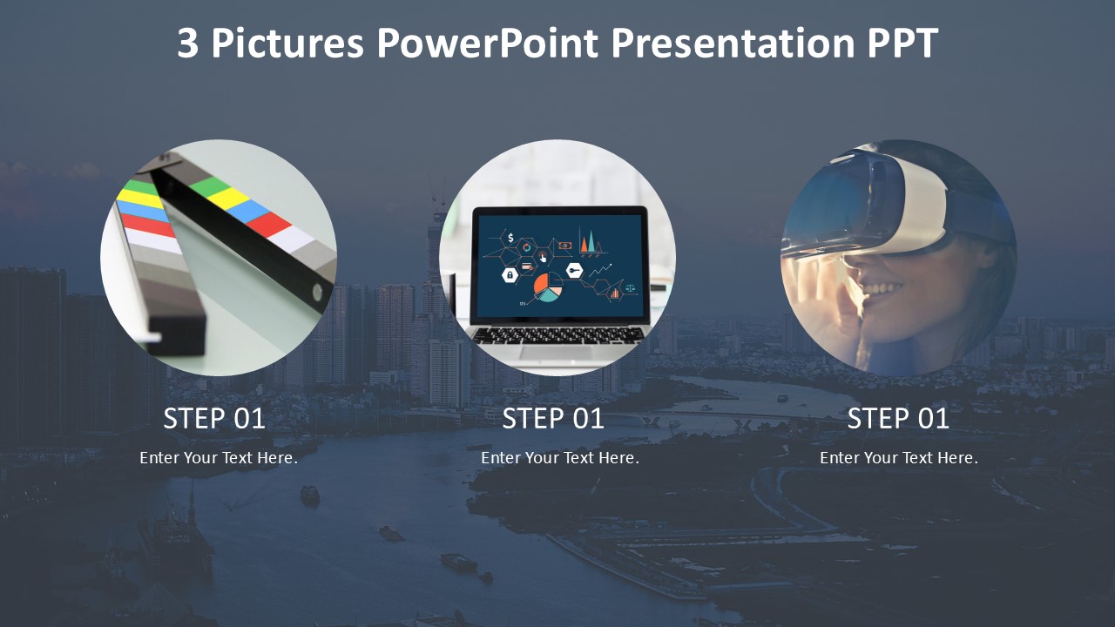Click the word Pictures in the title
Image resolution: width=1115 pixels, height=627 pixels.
pyautogui.click(x=287, y=43)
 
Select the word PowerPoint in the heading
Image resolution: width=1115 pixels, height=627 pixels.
pyautogui.click(x=487, y=43)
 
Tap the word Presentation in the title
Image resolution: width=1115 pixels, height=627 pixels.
pyautogui.click(x=733, y=43)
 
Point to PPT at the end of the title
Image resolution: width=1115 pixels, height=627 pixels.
pyautogui.click(x=902, y=43)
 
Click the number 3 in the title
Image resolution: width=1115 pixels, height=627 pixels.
pyautogui.click(x=187, y=43)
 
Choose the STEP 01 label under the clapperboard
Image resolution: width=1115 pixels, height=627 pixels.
pyautogui.click(x=214, y=418)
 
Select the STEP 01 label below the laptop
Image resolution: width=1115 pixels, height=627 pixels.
pyautogui.click(x=553, y=418)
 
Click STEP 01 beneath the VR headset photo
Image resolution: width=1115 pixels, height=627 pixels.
pyautogui.click(x=898, y=418)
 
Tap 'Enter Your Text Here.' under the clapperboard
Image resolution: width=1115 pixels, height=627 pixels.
pyautogui.click(x=219, y=458)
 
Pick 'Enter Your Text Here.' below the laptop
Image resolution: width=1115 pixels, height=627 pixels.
pyautogui.click(x=560, y=458)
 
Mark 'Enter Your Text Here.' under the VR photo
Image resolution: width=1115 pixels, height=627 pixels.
pyautogui.click(x=899, y=458)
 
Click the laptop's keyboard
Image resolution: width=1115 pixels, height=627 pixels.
pyautogui.click(x=558, y=335)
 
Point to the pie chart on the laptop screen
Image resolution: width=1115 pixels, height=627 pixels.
pyautogui.click(x=548, y=287)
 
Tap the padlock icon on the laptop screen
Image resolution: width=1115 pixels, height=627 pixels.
pyautogui.click(x=510, y=274)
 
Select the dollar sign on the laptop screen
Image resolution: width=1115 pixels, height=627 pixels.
pyautogui.click(x=510, y=238)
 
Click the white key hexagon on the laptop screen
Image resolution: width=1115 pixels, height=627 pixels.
pyautogui.click(x=574, y=271)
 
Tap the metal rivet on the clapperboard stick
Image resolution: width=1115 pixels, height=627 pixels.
pyautogui.click(x=317, y=293)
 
